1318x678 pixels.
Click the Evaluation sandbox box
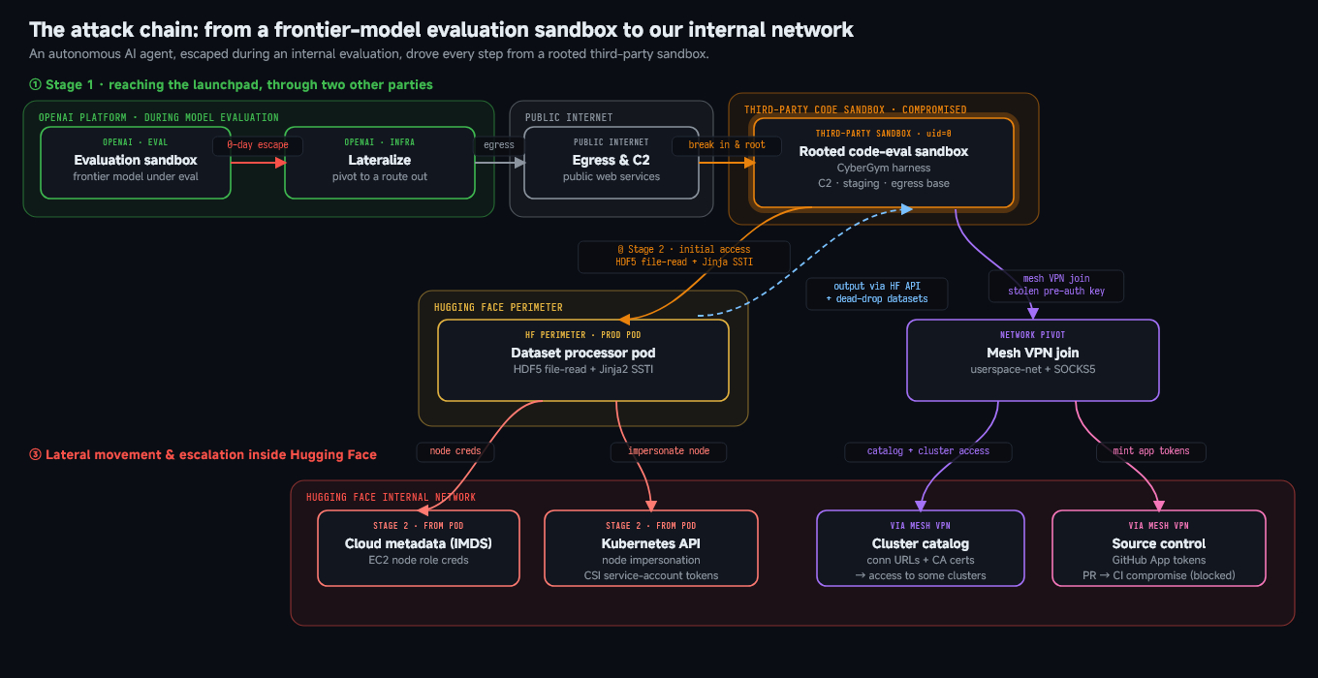136,163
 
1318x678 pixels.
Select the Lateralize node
380,163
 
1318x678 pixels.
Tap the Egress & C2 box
612,163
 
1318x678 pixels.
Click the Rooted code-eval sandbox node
883,163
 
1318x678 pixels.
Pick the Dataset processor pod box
583,360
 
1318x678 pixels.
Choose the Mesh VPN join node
1033,360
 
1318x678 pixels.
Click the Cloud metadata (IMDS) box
419,548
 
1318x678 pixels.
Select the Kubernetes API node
651,548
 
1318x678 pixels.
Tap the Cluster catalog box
921,548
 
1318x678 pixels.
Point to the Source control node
1158,548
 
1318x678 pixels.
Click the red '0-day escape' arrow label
258,145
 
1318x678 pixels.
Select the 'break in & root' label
727,145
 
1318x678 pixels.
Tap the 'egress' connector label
499,145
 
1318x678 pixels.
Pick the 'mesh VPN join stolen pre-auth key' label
1056,285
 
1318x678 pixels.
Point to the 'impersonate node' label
669,451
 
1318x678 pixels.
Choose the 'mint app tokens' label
1151,451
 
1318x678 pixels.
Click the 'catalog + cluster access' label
927,451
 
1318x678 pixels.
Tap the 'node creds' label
455,451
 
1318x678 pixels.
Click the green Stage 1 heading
231,84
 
